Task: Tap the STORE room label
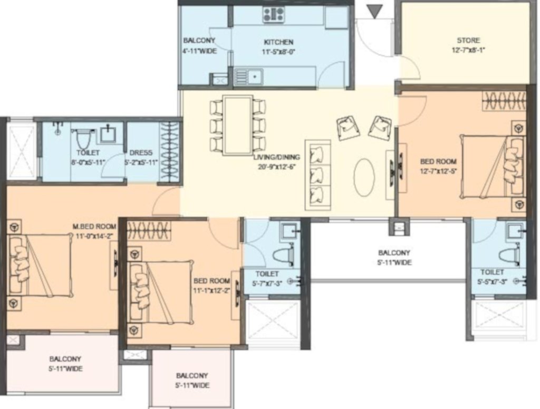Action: click(468, 40)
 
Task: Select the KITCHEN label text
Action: click(278, 42)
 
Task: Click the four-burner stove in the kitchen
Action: click(274, 14)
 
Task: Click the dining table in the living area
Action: click(237, 125)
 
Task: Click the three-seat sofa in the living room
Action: click(318, 174)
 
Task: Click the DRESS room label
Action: click(141, 153)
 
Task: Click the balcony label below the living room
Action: click(393, 253)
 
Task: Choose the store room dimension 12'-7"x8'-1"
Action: click(468, 51)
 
